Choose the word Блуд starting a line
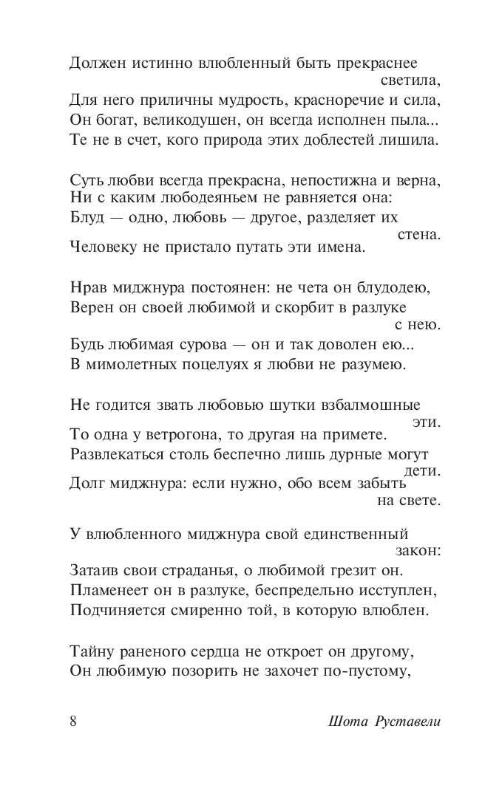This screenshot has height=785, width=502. (x=87, y=218)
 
